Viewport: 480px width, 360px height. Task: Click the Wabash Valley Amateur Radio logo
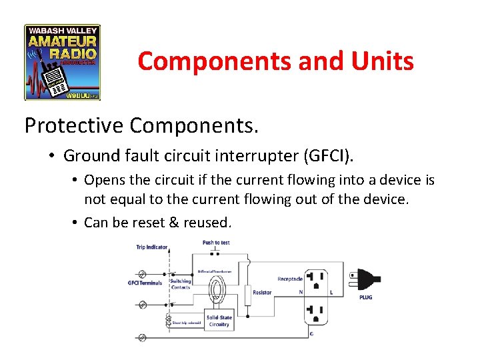coord(62,62)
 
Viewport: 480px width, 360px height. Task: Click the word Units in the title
coord(383,61)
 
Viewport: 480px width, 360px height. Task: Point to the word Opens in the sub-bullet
coord(105,180)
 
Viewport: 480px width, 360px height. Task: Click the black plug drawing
coord(363,279)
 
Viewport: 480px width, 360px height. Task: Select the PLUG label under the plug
coord(365,297)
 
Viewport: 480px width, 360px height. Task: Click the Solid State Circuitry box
coord(219,321)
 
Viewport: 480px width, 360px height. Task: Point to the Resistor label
coord(262,293)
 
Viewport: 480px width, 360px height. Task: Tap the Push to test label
coord(216,243)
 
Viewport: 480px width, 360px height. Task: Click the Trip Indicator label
coord(151,247)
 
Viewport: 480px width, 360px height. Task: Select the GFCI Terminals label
coord(145,283)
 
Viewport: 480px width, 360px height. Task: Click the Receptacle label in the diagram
coord(290,279)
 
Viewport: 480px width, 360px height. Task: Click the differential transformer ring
coord(216,291)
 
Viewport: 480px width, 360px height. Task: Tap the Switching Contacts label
coord(180,283)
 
